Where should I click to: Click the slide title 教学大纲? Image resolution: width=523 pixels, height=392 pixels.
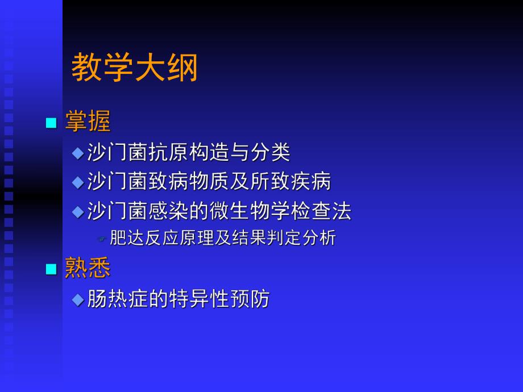(135, 69)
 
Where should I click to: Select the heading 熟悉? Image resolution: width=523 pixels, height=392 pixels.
(88, 268)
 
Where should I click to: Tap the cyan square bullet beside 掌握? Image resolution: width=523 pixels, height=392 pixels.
(52, 123)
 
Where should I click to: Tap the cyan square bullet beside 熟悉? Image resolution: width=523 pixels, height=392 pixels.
(52, 269)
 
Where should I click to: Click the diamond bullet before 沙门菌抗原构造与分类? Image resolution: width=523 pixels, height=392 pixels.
(78, 153)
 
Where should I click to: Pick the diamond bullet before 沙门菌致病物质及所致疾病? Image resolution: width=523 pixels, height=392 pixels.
(78, 182)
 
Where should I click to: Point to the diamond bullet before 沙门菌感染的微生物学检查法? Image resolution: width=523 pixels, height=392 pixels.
(78, 212)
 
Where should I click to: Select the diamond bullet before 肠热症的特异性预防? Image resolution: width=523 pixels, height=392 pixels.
(78, 299)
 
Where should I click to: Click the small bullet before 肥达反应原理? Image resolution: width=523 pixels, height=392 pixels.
(102, 239)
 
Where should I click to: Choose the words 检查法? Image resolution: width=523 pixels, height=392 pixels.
(331, 211)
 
